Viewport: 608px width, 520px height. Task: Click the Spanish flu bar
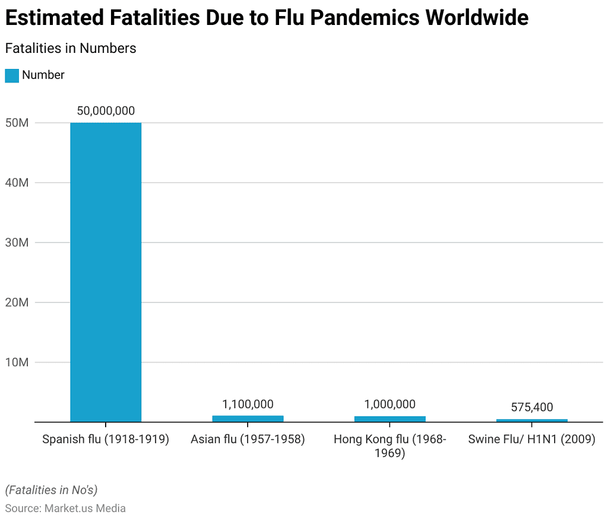pyautogui.click(x=106, y=272)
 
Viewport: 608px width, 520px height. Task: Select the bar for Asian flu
pyautogui.click(x=248, y=418)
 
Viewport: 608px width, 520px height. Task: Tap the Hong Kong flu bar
pyautogui.click(x=389, y=419)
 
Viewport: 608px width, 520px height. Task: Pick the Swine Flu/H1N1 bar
pyautogui.click(x=531, y=420)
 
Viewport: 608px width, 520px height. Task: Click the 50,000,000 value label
pyautogui.click(x=106, y=111)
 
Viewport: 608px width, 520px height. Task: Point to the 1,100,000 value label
pyautogui.click(x=248, y=404)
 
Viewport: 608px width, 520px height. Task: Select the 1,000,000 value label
pyautogui.click(x=389, y=404)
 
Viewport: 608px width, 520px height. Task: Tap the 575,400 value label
pyautogui.click(x=531, y=407)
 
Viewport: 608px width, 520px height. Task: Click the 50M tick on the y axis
pyautogui.click(x=16, y=123)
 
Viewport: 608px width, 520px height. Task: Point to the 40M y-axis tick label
pyautogui.click(x=16, y=183)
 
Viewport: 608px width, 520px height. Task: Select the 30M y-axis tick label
pyautogui.click(x=16, y=242)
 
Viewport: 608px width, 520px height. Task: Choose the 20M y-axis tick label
pyautogui.click(x=16, y=302)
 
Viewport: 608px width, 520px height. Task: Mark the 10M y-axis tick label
pyautogui.click(x=16, y=363)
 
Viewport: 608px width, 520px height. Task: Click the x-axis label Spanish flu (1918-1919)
pyautogui.click(x=106, y=440)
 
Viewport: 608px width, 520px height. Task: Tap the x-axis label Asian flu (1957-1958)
pyautogui.click(x=248, y=440)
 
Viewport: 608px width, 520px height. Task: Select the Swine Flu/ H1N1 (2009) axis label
pyautogui.click(x=531, y=440)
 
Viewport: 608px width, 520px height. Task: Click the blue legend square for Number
pyautogui.click(x=12, y=75)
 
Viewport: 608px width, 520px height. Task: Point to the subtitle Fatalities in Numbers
pyautogui.click(x=71, y=49)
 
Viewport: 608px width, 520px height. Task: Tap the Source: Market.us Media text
pyautogui.click(x=65, y=508)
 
